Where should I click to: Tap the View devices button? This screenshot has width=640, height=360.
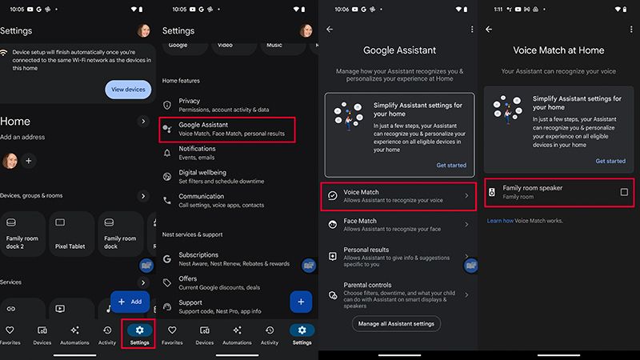click(x=128, y=90)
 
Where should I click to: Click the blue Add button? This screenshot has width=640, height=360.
click(x=130, y=302)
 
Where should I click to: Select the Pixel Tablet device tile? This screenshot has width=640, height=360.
click(x=70, y=231)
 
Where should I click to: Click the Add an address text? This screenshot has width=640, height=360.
click(x=22, y=137)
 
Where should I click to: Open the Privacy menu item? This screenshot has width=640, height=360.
click(x=190, y=105)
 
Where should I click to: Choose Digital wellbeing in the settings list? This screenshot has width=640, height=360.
click(x=202, y=176)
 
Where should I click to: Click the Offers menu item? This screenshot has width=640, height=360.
click(x=188, y=282)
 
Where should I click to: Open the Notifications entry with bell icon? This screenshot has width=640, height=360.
click(x=197, y=152)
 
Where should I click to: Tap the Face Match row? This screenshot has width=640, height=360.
click(x=360, y=225)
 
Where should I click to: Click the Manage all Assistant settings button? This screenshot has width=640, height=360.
click(x=396, y=323)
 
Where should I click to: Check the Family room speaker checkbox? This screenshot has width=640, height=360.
click(x=624, y=192)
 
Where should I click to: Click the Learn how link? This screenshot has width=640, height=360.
click(x=501, y=220)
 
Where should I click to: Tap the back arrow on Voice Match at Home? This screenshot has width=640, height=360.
click(x=489, y=30)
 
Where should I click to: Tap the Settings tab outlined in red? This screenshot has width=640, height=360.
click(x=140, y=334)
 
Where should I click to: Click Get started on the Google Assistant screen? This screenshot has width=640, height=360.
click(x=451, y=165)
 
